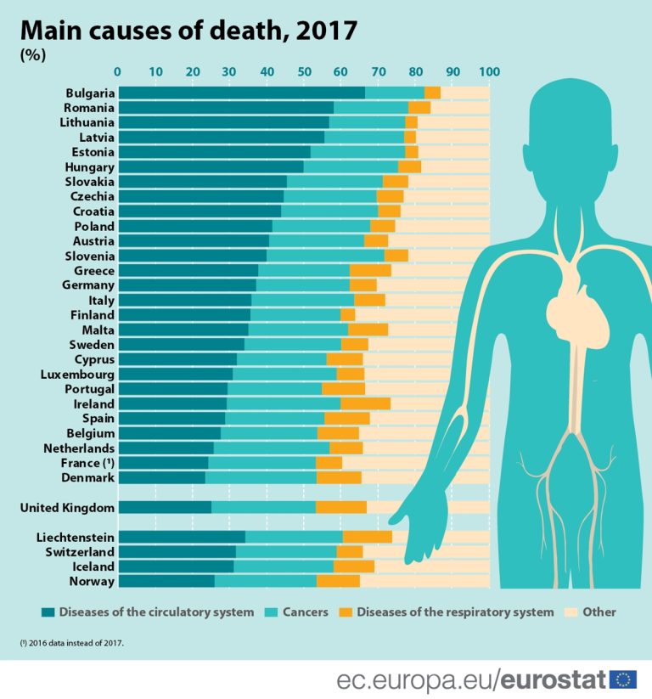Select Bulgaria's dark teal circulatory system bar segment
(x=241, y=93)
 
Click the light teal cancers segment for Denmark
(x=261, y=477)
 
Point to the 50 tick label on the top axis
(x=304, y=71)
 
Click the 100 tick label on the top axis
(x=489, y=71)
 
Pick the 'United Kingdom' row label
(x=67, y=507)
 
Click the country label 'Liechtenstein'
(x=76, y=537)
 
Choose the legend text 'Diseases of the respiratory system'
(x=455, y=612)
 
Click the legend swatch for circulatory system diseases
(x=48, y=612)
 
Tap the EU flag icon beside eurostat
(x=623, y=679)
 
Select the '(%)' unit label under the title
(x=33, y=55)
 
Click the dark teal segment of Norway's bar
(x=166, y=581)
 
